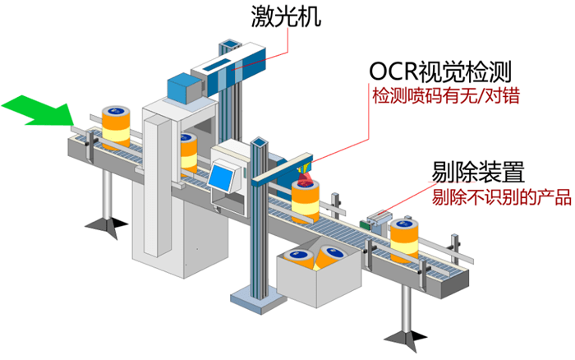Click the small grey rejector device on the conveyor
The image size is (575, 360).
[x=379, y=219]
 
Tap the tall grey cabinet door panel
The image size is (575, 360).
[x=156, y=181]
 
